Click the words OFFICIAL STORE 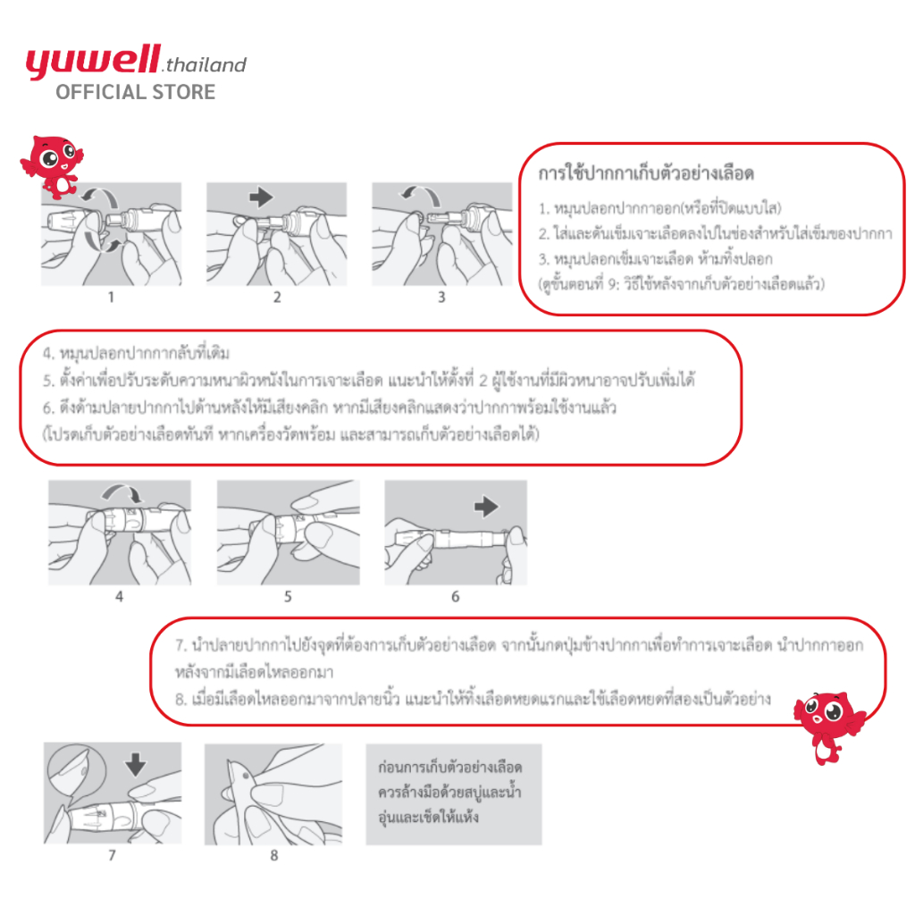pos(135,92)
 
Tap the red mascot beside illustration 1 pos(52,166)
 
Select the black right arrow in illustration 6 pos(487,507)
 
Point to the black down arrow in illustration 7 pos(135,764)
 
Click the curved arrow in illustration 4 pos(119,494)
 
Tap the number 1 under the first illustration pos(112,298)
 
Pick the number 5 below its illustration pos(288,595)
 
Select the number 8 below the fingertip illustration pos(274,855)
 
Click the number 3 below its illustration pos(441,298)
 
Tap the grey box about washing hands pos(453,793)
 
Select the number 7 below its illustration pos(112,855)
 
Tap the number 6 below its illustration pos(455,596)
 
